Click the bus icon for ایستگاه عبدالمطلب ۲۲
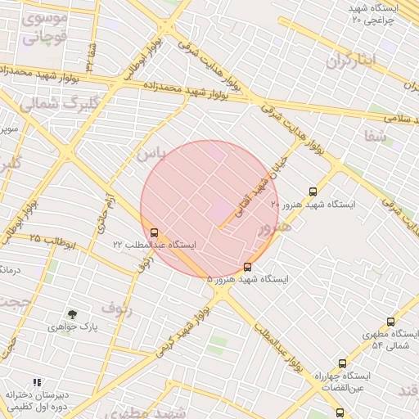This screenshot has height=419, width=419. pyautogui.click(x=155, y=232)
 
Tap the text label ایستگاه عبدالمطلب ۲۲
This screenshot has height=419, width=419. pyautogui.click(x=155, y=245)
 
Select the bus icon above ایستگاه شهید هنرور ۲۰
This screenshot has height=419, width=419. pyautogui.click(x=313, y=191)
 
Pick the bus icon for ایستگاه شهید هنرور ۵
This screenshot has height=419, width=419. pyautogui.click(x=248, y=267)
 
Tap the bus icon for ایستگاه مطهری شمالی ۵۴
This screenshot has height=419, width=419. pyautogui.click(x=390, y=322)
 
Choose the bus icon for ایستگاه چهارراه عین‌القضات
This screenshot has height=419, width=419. pyautogui.click(x=342, y=363)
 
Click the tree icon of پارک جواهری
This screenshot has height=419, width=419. pyautogui.click(x=73, y=314)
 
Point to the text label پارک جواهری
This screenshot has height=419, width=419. pyautogui.click(x=72, y=327)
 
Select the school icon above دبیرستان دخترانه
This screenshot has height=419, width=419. pyautogui.click(x=37, y=381)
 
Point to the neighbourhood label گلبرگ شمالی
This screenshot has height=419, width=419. pyautogui.click(x=57, y=103)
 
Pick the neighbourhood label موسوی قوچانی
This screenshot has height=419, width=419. pyautogui.click(x=45, y=27)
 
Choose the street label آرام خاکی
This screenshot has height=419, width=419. pyautogui.click(x=106, y=209)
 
